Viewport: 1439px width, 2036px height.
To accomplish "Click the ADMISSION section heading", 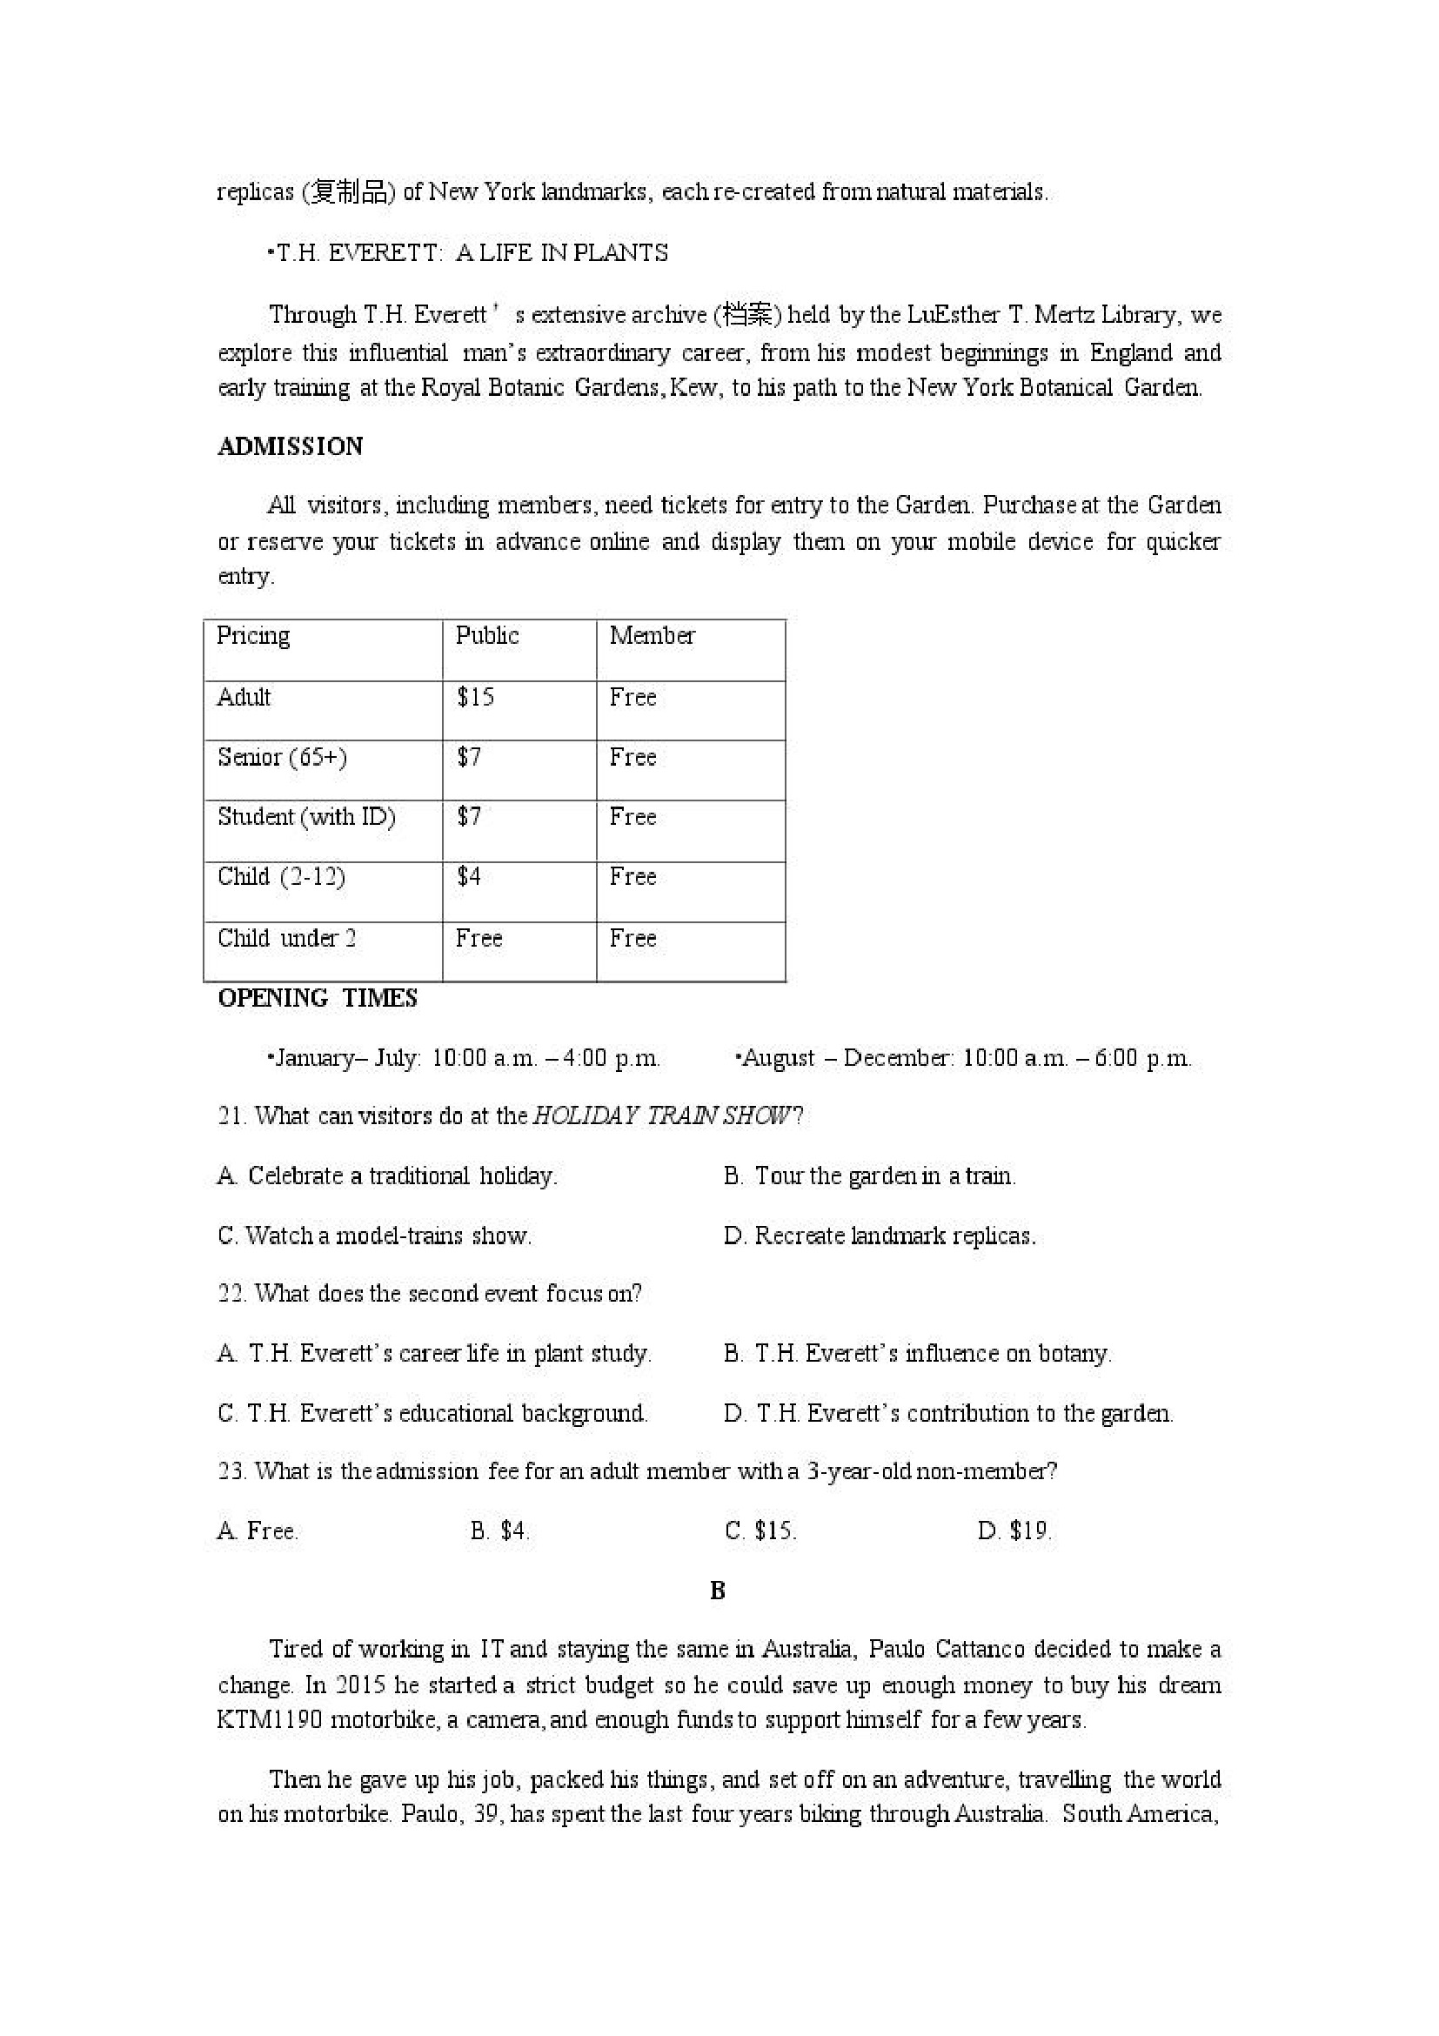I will (x=290, y=446).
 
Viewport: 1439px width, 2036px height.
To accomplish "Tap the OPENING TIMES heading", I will (x=317, y=998).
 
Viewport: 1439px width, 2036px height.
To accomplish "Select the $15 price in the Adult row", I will (x=475, y=697).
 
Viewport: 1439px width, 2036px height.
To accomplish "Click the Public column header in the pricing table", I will (x=486, y=635).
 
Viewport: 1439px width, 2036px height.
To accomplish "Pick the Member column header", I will (x=652, y=635).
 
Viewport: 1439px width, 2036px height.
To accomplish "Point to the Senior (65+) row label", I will (x=282, y=757).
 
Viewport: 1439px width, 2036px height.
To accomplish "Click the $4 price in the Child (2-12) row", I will (x=468, y=876).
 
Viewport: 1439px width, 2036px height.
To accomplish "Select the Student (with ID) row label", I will (x=306, y=817).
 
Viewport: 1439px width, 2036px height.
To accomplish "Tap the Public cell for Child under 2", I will (x=479, y=938).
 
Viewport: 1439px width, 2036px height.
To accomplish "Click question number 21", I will (x=231, y=1115).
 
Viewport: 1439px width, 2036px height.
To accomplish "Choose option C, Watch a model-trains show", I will (x=374, y=1236).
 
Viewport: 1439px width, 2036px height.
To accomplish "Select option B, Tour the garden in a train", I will (x=869, y=1175).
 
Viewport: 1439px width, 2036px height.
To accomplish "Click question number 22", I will (x=231, y=1293).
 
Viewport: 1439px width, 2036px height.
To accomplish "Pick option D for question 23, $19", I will (x=1014, y=1530).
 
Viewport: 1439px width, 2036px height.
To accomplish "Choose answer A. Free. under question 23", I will (x=258, y=1530).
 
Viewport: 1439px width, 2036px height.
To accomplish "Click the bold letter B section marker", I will (x=717, y=1591).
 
